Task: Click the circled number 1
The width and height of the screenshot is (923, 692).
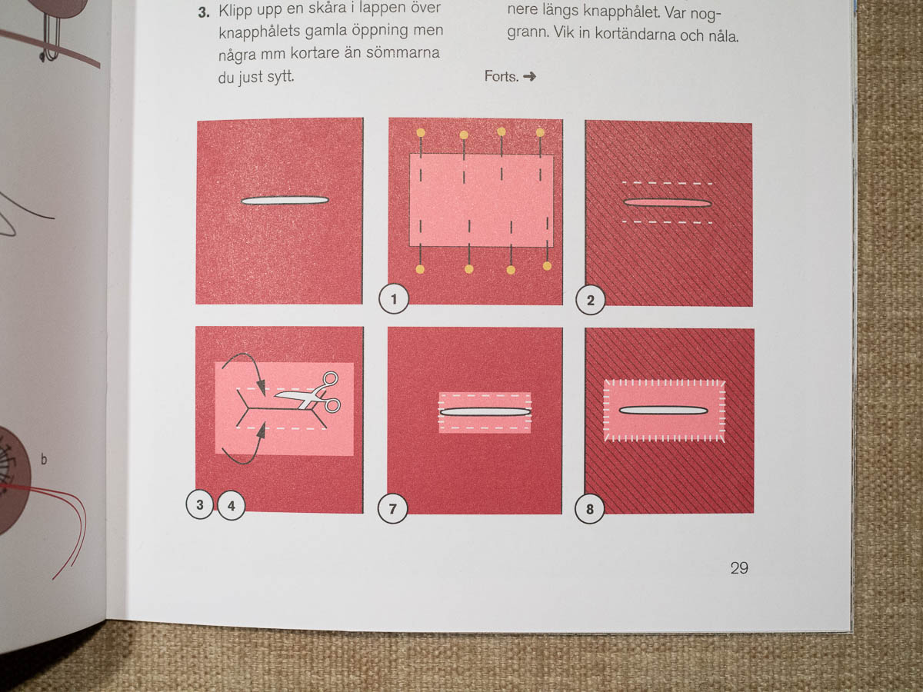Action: (x=394, y=299)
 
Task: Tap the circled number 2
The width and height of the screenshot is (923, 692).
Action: (x=591, y=301)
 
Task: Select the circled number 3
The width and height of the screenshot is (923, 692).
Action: (x=200, y=504)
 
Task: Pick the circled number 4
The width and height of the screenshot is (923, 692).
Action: (x=232, y=505)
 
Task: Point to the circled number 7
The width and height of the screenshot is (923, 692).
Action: (x=393, y=509)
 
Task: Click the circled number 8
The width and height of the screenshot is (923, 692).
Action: (x=590, y=509)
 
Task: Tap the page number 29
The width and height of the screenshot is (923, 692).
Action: (x=739, y=568)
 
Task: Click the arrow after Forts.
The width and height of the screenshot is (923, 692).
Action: (x=529, y=76)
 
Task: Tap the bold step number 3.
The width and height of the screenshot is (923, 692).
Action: (x=204, y=12)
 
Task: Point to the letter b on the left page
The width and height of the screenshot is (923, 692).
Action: (x=43, y=459)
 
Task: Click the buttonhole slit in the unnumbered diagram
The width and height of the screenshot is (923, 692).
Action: (x=285, y=201)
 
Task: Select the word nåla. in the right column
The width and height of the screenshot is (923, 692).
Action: (x=723, y=36)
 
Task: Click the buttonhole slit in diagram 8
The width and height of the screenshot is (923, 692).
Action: (x=663, y=411)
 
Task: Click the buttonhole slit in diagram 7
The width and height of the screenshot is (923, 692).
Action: (x=485, y=412)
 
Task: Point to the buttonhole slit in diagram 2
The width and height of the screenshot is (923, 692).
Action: (x=668, y=203)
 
